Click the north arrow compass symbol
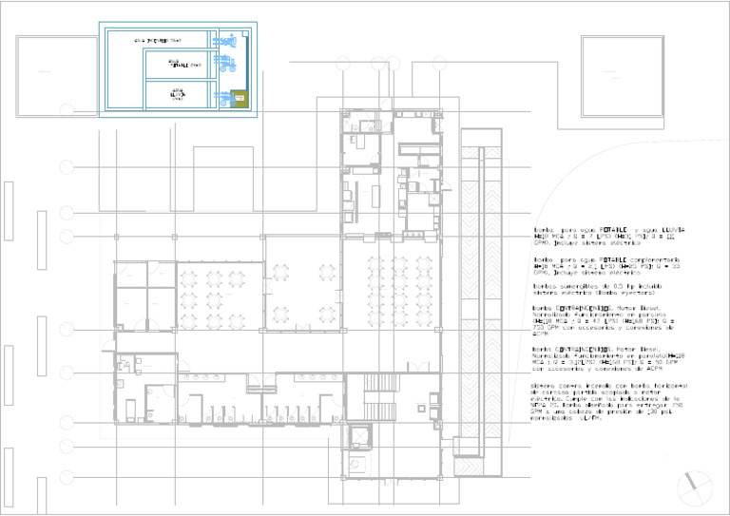[694, 487]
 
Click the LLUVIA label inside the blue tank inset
[177, 95]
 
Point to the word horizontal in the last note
[663, 385]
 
